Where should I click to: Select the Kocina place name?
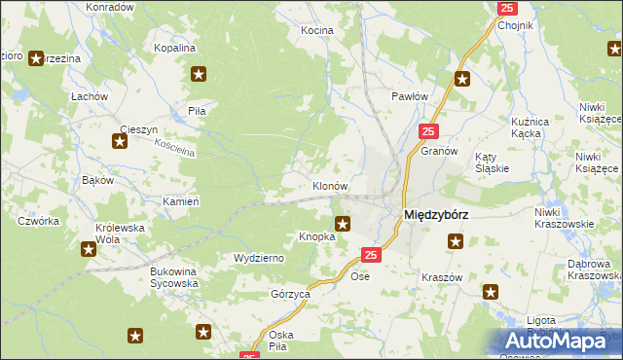[316, 30]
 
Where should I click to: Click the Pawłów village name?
[410, 96]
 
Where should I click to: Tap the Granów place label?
[439, 152]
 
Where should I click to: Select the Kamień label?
[182, 200]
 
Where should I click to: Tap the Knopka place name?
[316, 236]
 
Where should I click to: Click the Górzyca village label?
[290, 293]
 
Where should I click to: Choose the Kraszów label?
[441, 277]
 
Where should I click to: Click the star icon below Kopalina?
[200, 73]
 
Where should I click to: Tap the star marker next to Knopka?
[343, 224]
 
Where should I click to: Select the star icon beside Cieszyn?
[120, 142]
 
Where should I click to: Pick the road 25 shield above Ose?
[370, 255]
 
